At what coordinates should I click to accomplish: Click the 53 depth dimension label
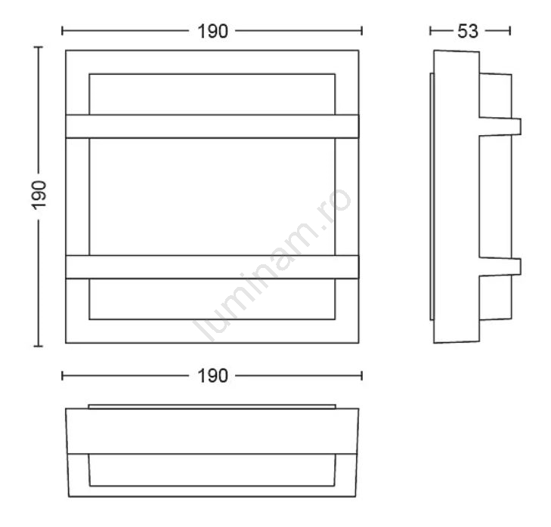tap(468, 31)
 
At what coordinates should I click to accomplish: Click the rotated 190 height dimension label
tap(39, 196)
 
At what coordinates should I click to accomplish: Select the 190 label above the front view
tap(212, 31)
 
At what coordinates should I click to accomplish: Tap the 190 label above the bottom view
tap(212, 376)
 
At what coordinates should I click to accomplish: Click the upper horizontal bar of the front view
tap(212, 126)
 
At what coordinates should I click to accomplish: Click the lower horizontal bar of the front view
tap(212, 267)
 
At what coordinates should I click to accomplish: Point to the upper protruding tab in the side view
tap(500, 127)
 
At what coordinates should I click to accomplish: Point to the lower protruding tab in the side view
tap(500, 267)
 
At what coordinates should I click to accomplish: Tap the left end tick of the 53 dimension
tap(430, 31)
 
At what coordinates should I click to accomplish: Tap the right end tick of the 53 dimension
tap(510, 31)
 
